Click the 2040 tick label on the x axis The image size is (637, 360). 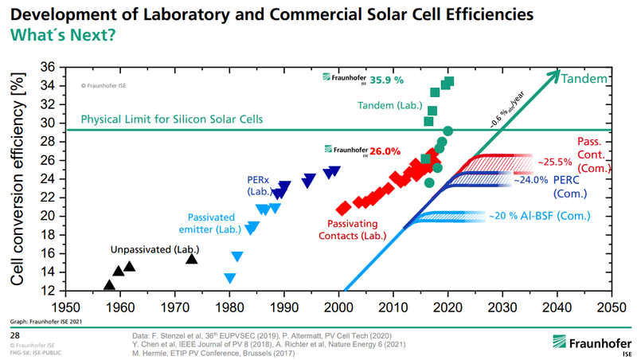(x=557, y=307)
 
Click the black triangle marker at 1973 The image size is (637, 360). (x=191, y=258)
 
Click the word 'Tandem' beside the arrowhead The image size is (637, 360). (x=585, y=79)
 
